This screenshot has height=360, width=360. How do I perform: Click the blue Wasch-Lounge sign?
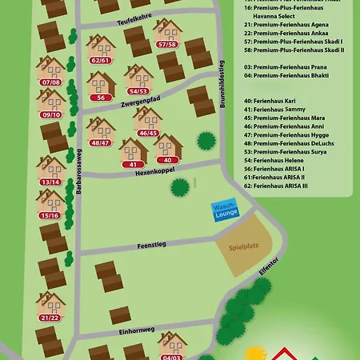click(x=224, y=211)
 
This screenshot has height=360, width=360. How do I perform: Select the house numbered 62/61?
click(x=101, y=50)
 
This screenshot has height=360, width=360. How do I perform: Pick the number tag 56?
click(x=101, y=97)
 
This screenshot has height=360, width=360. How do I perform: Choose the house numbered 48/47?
click(x=101, y=132)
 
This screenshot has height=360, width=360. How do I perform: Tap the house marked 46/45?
click(x=148, y=122)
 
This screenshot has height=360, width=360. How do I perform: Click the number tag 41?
click(x=133, y=164)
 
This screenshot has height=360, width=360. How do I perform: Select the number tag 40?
click(x=168, y=160)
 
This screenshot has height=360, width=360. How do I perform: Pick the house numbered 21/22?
click(x=50, y=307)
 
